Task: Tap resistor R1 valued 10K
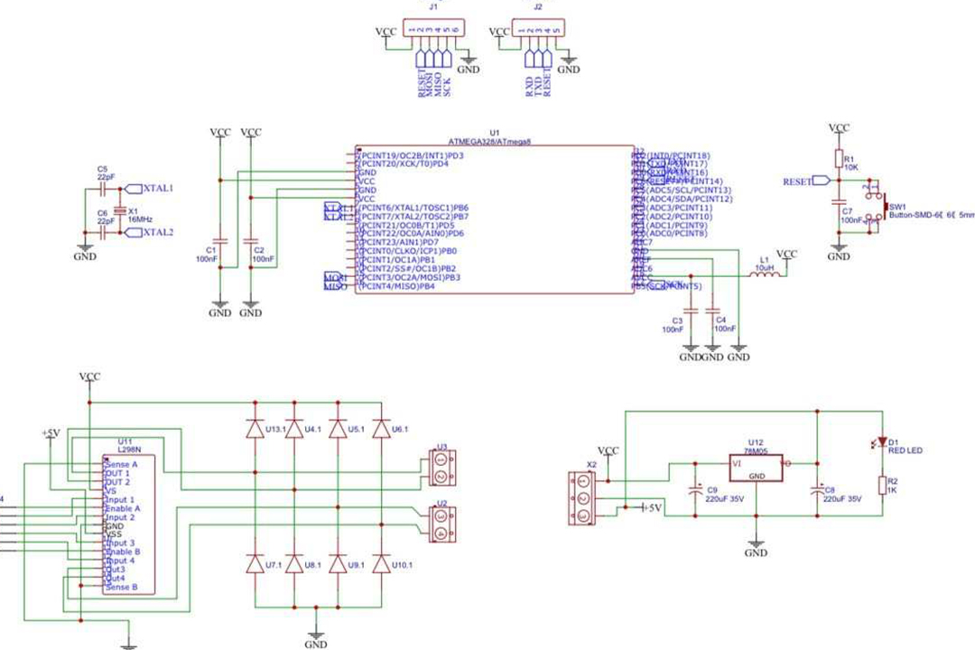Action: point(839,162)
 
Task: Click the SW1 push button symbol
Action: point(878,204)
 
